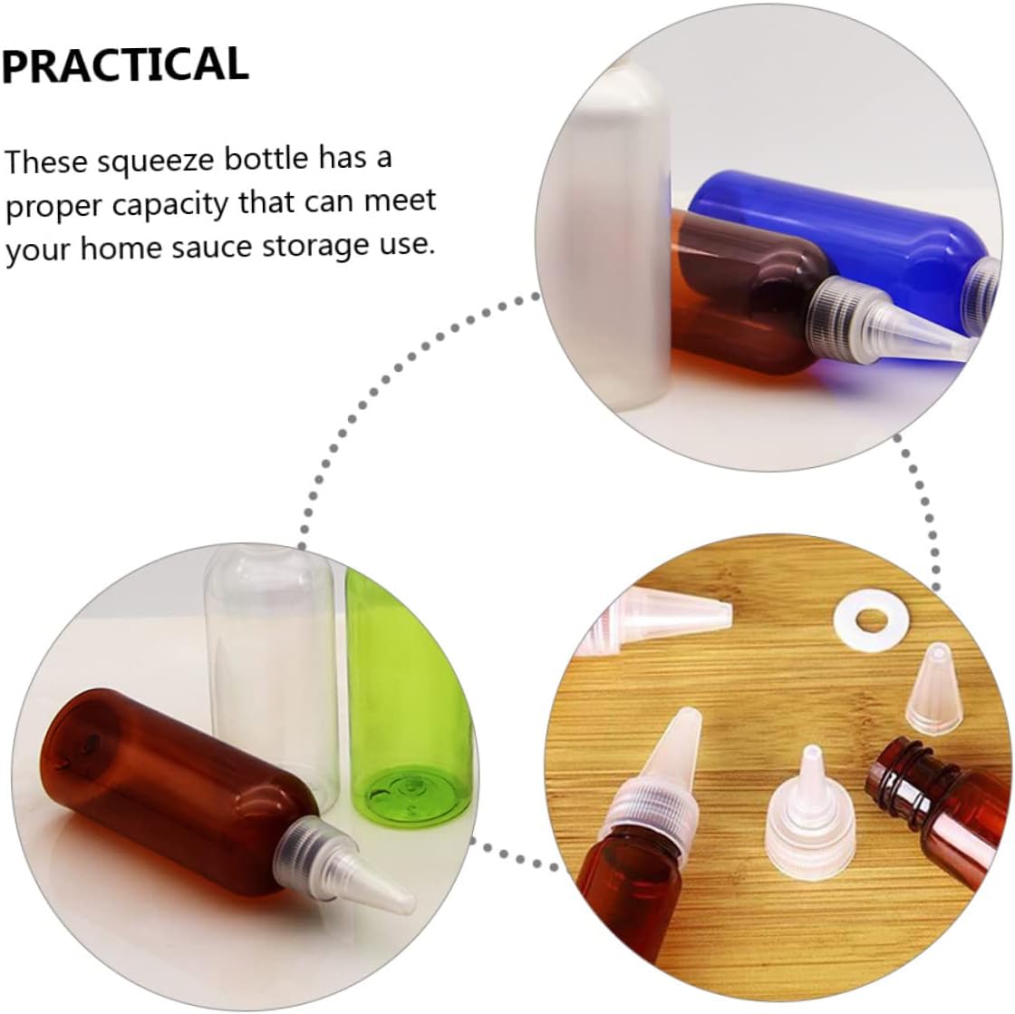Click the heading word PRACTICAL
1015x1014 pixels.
(126, 64)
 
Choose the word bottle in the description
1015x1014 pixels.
(266, 159)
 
